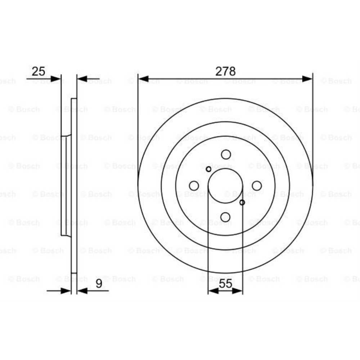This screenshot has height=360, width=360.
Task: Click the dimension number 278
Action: tap(225, 71)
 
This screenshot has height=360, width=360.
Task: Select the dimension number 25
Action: tap(39, 71)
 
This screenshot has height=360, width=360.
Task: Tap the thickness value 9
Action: tap(99, 284)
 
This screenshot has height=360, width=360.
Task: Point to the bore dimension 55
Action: tap(225, 284)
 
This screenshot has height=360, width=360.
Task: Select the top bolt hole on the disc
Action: tap(226, 154)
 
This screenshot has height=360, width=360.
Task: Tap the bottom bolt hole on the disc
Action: tap(225, 217)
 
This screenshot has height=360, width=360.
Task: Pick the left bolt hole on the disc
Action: tap(194, 186)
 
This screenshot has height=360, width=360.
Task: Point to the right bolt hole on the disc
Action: tap(257, 186)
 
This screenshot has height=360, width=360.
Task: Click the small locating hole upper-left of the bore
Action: tap(208, 169)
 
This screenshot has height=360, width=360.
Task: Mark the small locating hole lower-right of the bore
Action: tap(242, 202)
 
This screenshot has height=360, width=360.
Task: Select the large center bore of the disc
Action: tap(225, 186)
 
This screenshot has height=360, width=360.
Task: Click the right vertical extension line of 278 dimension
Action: tap(313, 126)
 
